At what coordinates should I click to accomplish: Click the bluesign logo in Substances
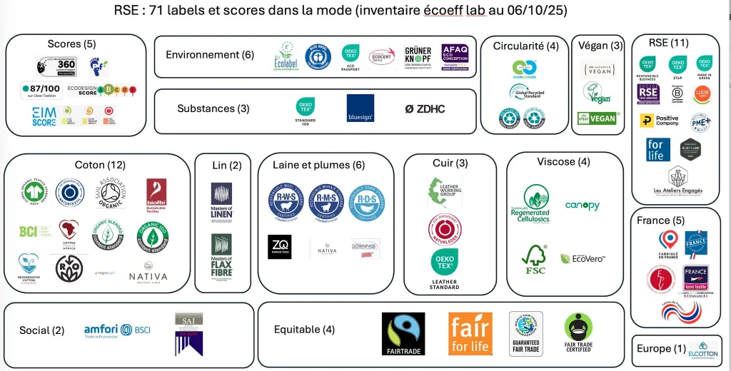pyautogui.click(x=360, y=108)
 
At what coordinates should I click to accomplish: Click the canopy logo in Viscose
pyautogui.click(x=583, y=205)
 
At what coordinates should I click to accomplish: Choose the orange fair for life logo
pyautogui.click(x=470, y=333)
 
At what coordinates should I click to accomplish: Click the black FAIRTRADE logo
pyautogui.click(x=403, y=333)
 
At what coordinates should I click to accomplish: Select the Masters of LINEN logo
pyautogui.click(x=221, y=201)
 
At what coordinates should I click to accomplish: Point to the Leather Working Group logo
pyautogui.click(x=443, y=193)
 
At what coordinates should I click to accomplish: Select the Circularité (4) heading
pyautogui.click(x=525, y=46)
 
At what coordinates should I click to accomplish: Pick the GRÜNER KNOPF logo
pyautogui.click(x=418, y=55)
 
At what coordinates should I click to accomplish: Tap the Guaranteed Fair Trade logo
pyautogui.click(x=525, y=333)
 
